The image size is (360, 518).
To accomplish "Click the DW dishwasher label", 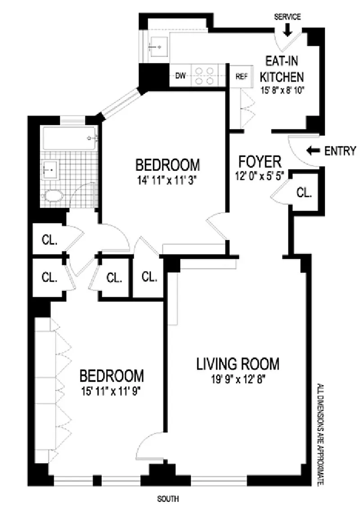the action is click(180, 76).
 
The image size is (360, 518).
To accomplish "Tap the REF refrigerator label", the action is click(242, 76).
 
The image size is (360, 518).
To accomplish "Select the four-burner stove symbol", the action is click(204, 76).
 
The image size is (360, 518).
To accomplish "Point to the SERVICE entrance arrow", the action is click(287, 30).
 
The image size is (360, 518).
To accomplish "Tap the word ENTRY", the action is click(340, 151).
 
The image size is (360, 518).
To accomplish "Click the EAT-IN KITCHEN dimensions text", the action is click(282, 90).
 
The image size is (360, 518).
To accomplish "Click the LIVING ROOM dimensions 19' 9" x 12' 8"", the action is click(238, 380).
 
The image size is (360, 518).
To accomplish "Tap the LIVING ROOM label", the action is click(238, 364).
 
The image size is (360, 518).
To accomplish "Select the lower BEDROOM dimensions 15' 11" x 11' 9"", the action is click(112, 392).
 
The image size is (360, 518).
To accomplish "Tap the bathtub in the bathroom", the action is click(70, 139).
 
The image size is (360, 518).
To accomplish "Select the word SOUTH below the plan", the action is click(168, 499).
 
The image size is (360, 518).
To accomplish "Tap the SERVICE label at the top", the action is click(288, 17).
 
